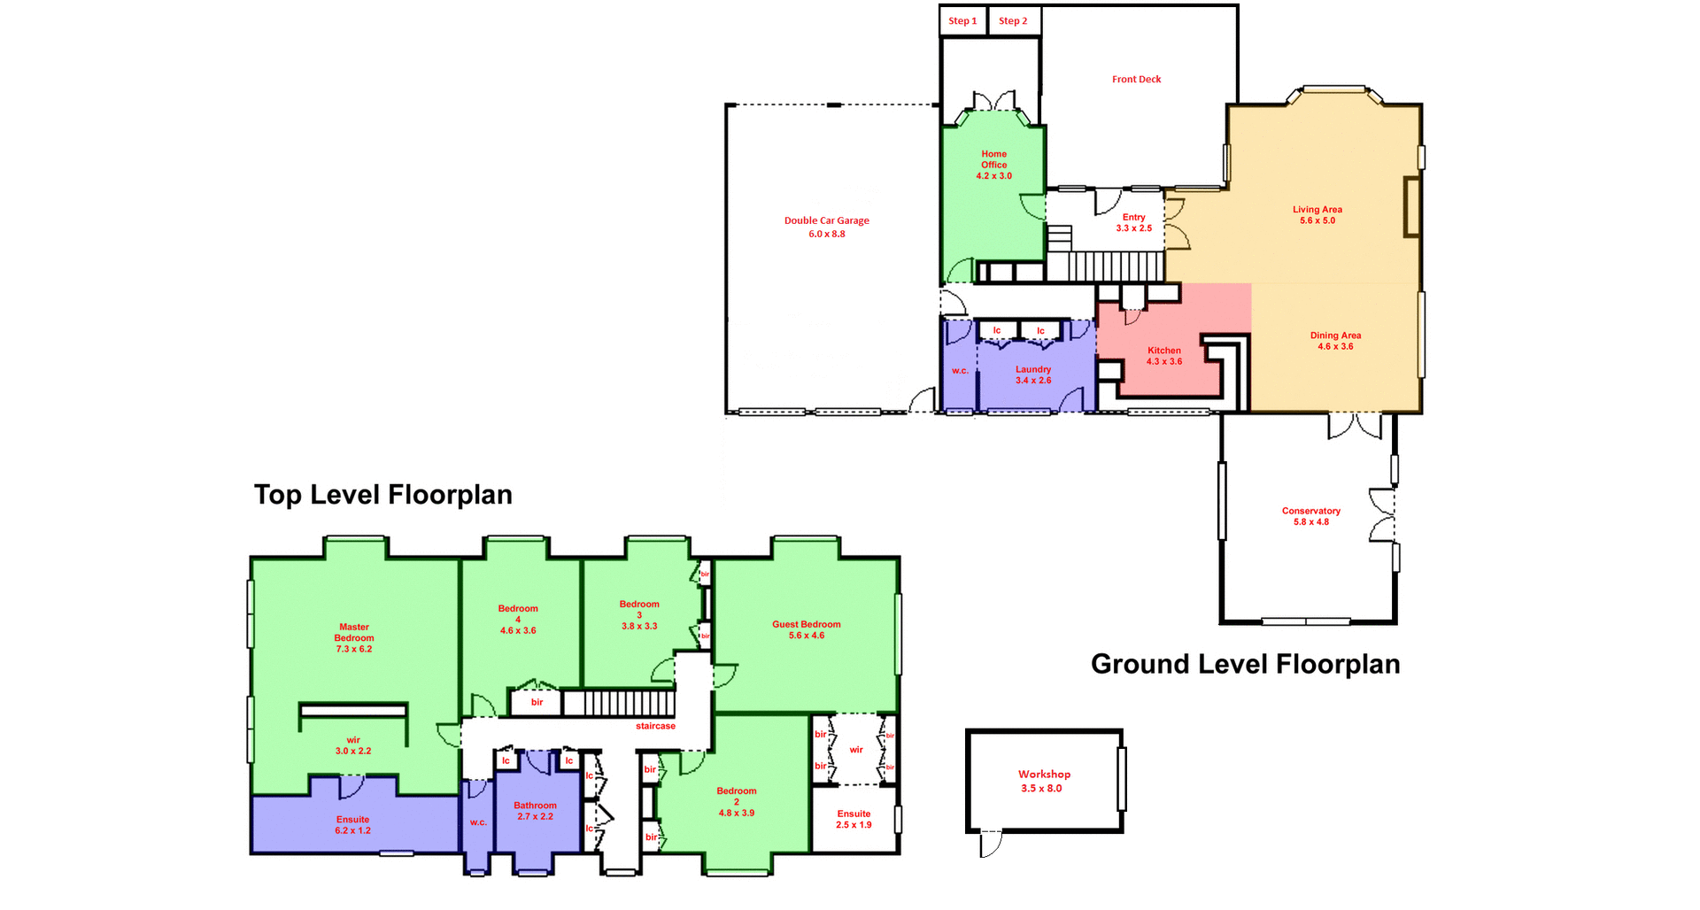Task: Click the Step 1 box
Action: pyautogui.click(x=962, y=21)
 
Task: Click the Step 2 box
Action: pyautogui.click(x=1013, y=21)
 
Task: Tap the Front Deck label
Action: pyautogui.click(x=1136, y=80)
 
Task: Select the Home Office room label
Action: pyautogui.click(x=993, y=165)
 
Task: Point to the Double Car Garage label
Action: pyautogui.click(x=826, y=227)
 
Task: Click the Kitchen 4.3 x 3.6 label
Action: pyautogui.click(x=1163, y=356)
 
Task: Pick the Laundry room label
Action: pyautogui.click(x=1032, y=374)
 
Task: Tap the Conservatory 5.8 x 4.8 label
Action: pyautogui.click(x=1310, y=516)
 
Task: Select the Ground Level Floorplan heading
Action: pyautogui.click(x=1245, y=664)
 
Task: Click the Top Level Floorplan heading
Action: pyautogui.click(x=382, y=494)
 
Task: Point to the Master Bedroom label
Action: pyautogui.click(x=353, y=637)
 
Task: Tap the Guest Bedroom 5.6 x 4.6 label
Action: pyautogui.click(x=806, y=629)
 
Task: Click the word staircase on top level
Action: pyautogui.click(x=655, y=726)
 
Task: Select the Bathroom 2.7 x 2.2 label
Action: pyautogui.click(x=535, y=811)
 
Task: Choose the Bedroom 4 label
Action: pyautogui.click(x=518, y=619)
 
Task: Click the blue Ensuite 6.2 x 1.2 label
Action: pyautogui.click(x=352, y=825)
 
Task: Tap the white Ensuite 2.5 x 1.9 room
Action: pyautogui.click(x=854, y=820)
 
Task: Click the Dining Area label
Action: pyautogui.click(x=1335, y=341)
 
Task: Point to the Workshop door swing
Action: pyautogui.click(x=992, y=844)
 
